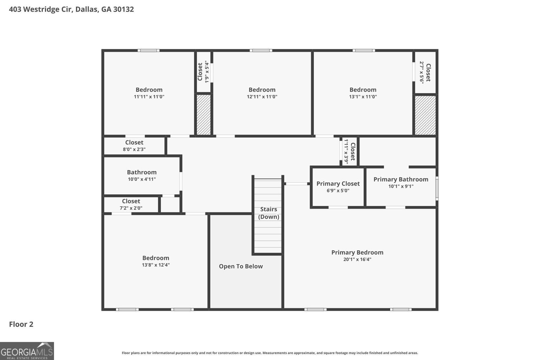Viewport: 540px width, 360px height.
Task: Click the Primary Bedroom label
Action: point(357,252)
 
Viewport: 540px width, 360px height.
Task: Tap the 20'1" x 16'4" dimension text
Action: point(357,259)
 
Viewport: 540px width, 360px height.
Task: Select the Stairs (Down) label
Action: point(269,213)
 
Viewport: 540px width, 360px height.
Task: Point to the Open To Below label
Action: point(241,266)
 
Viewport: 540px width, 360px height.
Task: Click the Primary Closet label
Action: point(338,184)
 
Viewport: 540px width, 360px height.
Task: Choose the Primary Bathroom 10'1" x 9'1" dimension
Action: point(401,186)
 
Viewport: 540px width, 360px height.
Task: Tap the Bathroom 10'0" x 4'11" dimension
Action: point(142,179)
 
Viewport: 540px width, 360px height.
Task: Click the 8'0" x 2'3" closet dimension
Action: point(134,149)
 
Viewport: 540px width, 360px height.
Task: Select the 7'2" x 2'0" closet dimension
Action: point(131,208)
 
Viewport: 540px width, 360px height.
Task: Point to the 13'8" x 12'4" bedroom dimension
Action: point(156,265)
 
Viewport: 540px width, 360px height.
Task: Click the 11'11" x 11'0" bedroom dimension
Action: point(149,96)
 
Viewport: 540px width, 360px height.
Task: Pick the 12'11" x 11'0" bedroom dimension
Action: point(262,96)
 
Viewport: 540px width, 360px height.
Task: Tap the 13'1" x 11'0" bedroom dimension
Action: point(363,96)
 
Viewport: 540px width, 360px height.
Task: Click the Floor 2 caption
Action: point(21,324)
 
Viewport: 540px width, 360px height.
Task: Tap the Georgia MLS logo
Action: point(27,351)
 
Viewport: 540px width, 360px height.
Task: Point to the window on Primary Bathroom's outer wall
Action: point(437,188)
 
